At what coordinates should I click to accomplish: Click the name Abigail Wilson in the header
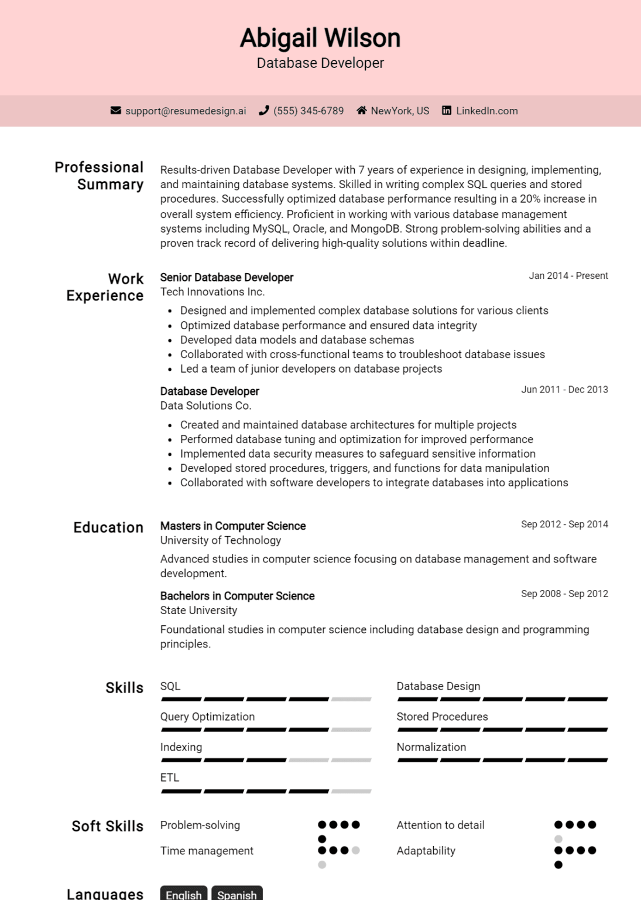pos(320,38)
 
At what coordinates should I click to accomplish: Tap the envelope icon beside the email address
pos(116,111)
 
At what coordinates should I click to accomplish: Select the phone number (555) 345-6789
pos(308,111)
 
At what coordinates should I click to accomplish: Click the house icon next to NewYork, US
pos(362,111)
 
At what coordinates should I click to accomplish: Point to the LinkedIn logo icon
pos(447,111)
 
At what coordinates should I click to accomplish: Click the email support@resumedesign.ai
pos(186,111)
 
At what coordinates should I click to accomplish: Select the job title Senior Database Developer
pos(227,277)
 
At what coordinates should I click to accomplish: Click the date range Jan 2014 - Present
pos(568,276)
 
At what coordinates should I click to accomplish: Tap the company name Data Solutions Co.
pos(205,405)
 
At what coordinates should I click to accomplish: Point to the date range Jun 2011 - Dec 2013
pos(564,390)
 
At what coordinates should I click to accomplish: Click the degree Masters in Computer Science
pos(233,526)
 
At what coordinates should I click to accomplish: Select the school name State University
pos(198,610)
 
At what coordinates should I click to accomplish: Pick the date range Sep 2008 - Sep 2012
pos(564,594)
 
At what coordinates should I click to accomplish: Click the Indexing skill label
pos(181,747)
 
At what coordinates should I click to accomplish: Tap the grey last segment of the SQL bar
pos(351,699)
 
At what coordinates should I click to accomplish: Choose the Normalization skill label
pos(431,747)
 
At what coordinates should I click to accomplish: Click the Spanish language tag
pos(236,894)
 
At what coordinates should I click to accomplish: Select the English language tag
pos(183,894)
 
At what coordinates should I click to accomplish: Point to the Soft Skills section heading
pos(107,826)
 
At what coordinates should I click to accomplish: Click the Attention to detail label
pos(440,825)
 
